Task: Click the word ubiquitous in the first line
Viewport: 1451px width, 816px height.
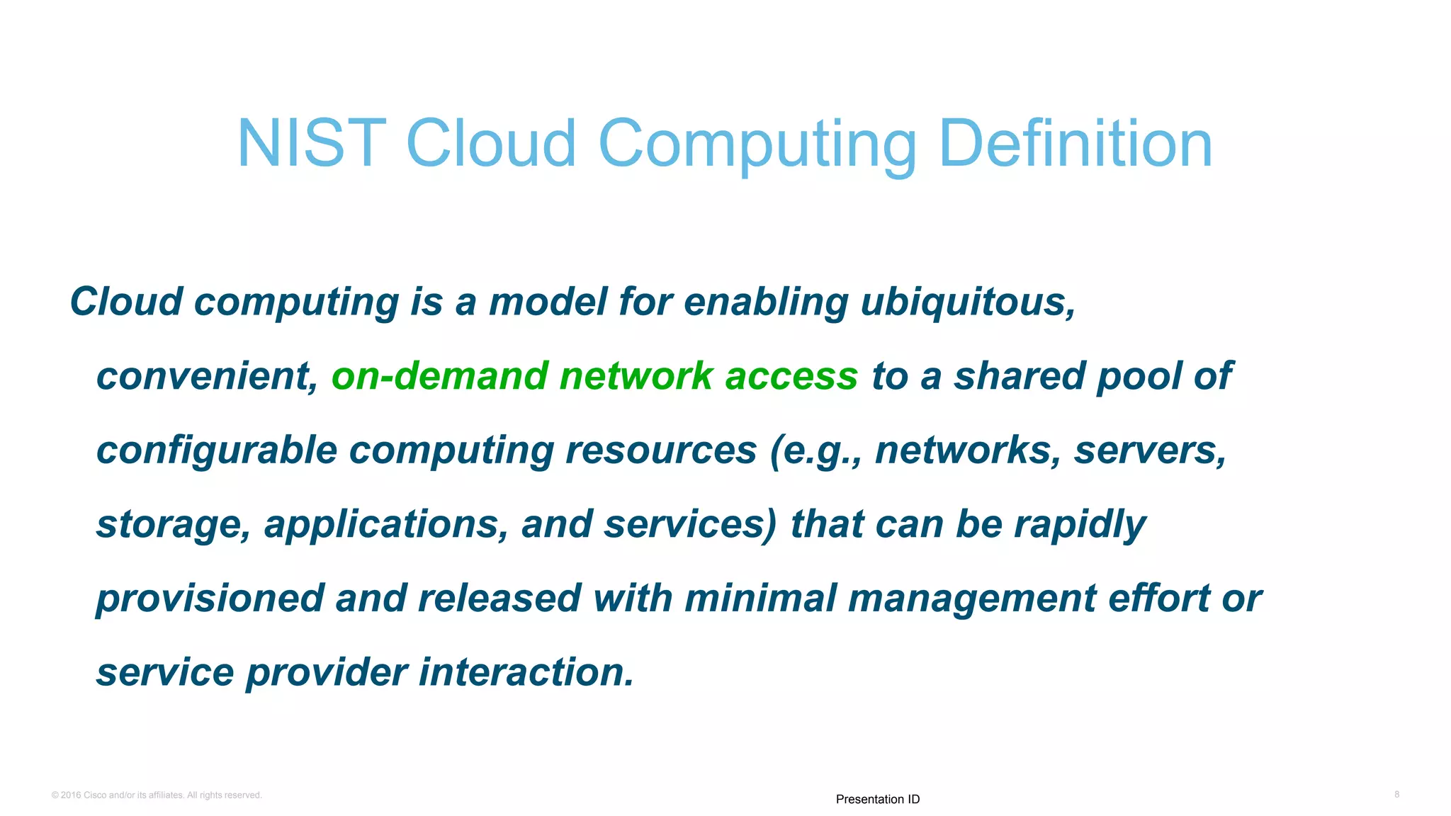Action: point(968,302)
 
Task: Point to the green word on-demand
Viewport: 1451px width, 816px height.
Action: point(439,376)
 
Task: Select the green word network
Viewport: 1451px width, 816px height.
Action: point(636,376)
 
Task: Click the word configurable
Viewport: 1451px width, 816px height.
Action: point(216,451)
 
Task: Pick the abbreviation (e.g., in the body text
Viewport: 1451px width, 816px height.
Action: point(815,451)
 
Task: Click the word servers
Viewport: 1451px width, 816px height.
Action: point(1149,450)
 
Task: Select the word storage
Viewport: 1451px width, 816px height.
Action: point(173,526)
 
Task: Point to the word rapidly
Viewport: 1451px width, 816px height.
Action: point(1079,526)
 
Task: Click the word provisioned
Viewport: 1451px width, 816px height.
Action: point(210,599)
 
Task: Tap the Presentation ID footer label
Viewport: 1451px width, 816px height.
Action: point(877,799)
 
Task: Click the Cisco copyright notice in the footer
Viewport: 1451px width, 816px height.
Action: point(157,795)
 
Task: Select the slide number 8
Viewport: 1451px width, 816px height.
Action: point(1396,795)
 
